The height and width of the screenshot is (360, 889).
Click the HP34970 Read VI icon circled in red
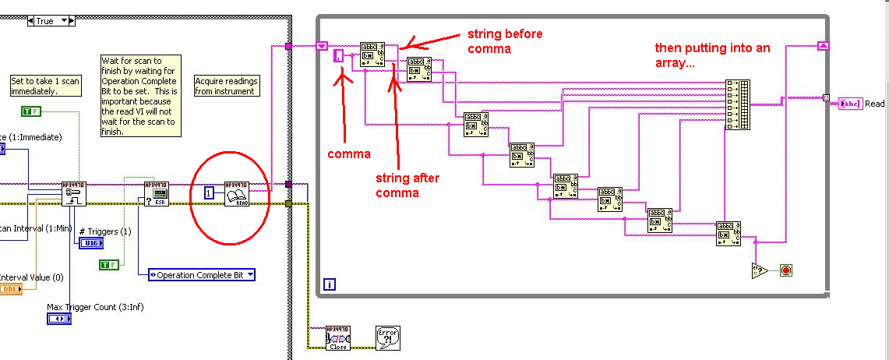tap(236, 193)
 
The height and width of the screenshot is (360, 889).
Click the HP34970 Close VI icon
tap(338, 338)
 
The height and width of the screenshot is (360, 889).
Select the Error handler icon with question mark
tap(387, 338)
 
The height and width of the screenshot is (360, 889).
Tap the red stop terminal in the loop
tap(785, 270)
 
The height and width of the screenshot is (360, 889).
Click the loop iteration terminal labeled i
tap(329, 285)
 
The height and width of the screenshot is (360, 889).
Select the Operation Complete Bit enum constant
tap(201, 275)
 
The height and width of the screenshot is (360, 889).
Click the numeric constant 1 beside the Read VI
tap(209, 192)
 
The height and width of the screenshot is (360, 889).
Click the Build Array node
tap(737, 104)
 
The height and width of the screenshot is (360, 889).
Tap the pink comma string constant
tap(338, 56)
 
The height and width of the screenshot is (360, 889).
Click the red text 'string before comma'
tap(505, 41)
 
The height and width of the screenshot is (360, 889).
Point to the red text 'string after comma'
tap(407, 185)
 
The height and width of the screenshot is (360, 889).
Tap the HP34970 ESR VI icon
tap(156, 192)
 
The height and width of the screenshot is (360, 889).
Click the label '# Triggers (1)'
tap(104, 231)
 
